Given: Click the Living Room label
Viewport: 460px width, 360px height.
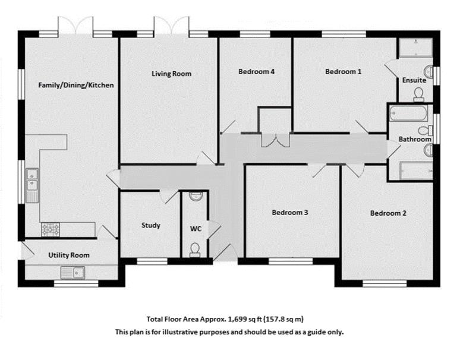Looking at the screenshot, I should point(171,74).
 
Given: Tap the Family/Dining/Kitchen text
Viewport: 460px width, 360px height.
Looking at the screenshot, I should point(75,85).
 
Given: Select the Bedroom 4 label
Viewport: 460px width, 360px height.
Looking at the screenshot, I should point(256,71).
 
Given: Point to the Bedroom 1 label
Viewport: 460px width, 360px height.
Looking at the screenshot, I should point(343,71).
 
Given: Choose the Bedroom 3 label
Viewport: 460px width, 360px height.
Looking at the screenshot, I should point(289,212).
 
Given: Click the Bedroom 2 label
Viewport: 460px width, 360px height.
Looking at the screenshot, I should point(388,213).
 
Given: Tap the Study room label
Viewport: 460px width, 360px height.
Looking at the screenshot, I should point(150,225).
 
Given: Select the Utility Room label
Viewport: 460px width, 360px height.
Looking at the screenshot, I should point(69,255).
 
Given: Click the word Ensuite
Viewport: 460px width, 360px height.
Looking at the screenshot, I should point(414,80).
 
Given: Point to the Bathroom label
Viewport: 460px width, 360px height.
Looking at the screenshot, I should point(414,139).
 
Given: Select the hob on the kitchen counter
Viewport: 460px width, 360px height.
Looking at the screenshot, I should point(50,228).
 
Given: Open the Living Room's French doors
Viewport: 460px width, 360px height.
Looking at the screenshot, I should point(171,27).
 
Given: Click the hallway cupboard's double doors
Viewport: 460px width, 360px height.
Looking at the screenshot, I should point(275,140).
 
